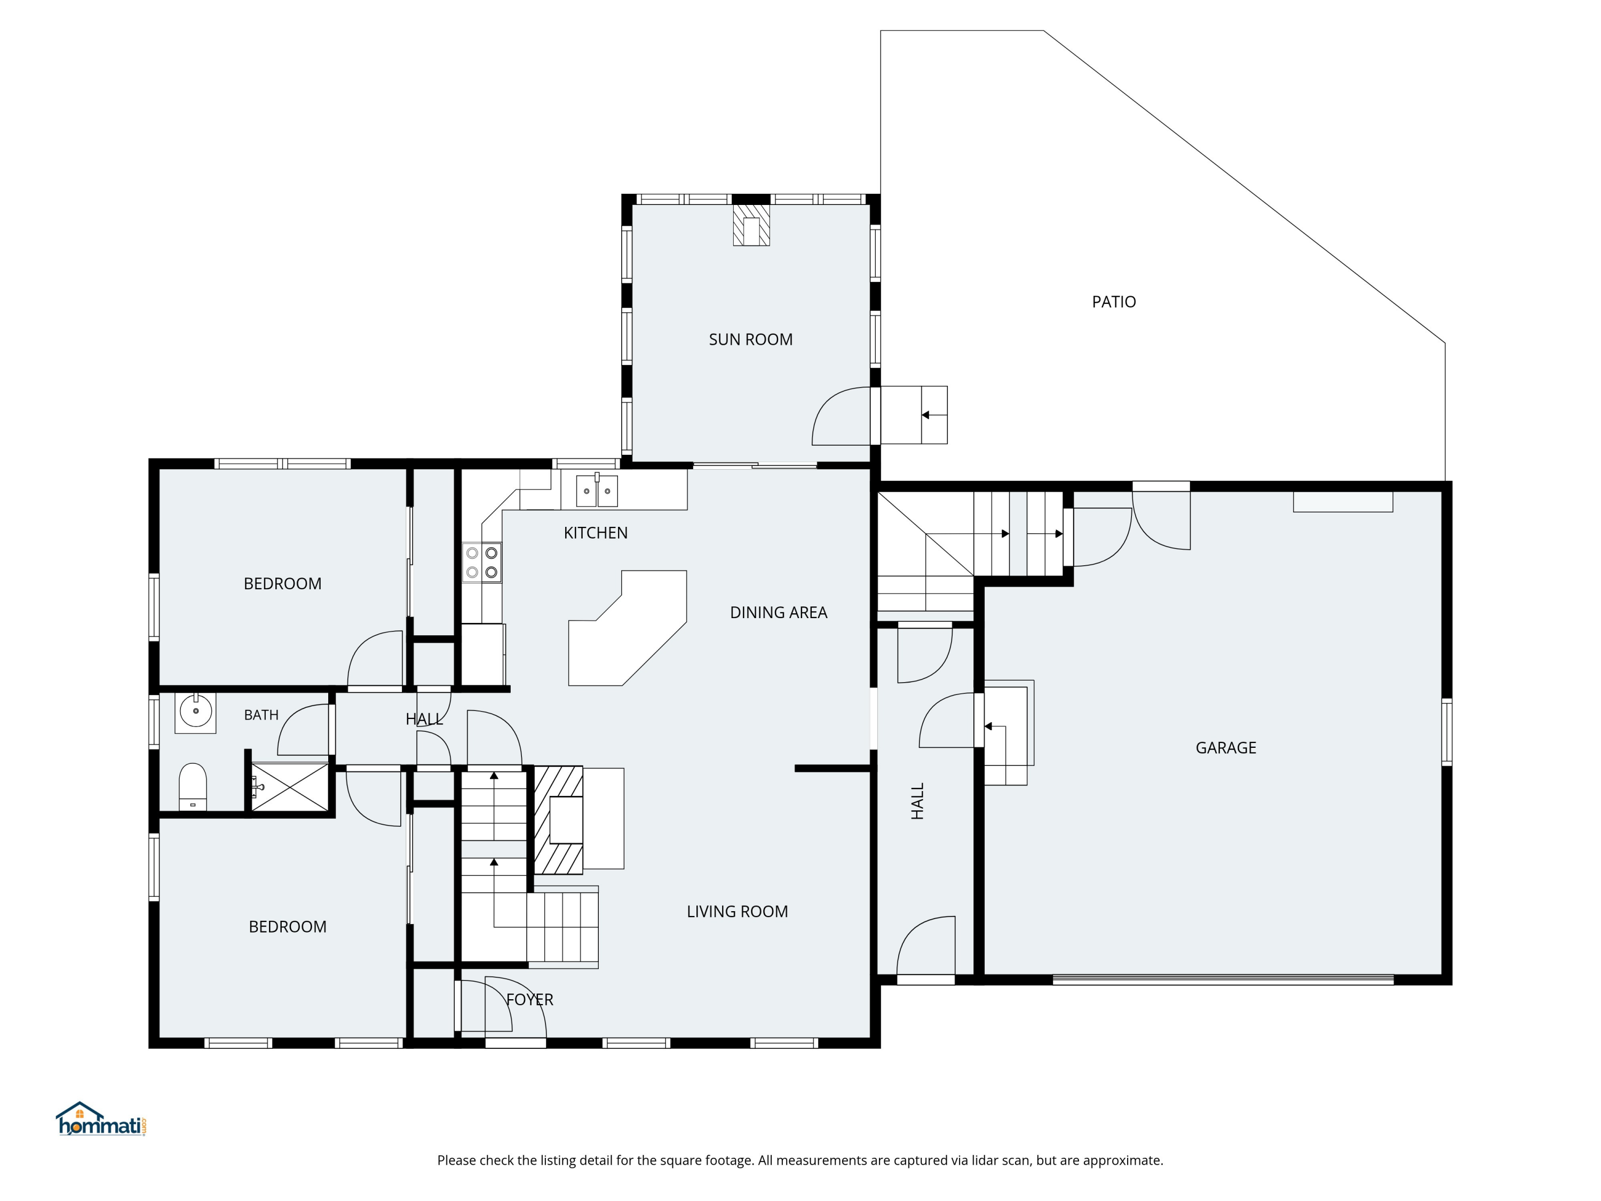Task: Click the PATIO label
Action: (x=1114, y=302)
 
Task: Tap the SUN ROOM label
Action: (x=750, y=339)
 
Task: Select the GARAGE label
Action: (x=1226, y=748)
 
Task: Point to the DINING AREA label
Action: (x=779, y=612)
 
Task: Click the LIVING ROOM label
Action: (x=738, y=912)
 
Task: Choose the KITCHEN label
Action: (x=596, y=533)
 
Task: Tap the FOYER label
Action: (x=530, y=1000)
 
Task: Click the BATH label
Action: (x=261, y=715)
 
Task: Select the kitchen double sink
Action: (x=597, y=491)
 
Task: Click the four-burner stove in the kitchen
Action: (x=482, y=563)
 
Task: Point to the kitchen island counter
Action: (x=628, y=628)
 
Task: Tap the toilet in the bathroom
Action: (x=193, y=787)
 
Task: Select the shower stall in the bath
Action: (x=289, y=787)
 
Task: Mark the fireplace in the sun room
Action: (x=751, y=225)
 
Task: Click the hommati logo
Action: (x=101, y=1118)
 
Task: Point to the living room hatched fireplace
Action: (x=559, y=820)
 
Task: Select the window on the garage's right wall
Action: (x=1447, y=731)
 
